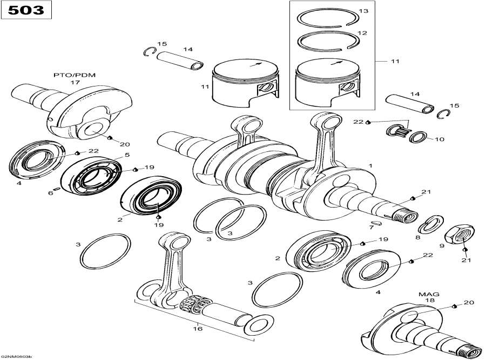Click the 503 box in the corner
(26, 10)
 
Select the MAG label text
(429, 294)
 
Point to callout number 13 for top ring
(363, 11)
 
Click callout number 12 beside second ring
(362, 33)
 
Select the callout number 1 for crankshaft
(370, 164)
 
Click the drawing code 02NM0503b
(17, 357)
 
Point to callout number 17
(74, 83)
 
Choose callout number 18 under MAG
(430, 300)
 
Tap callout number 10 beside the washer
(439, 139)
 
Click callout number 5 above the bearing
(127, 155)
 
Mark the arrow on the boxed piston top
(332, 63)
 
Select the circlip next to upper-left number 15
(150, 51)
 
